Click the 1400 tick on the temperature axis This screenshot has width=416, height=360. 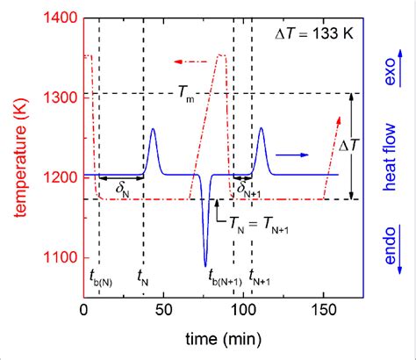62,17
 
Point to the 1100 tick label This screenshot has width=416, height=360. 62,256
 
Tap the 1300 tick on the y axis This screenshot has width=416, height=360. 62,97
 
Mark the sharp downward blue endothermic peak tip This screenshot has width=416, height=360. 205,265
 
